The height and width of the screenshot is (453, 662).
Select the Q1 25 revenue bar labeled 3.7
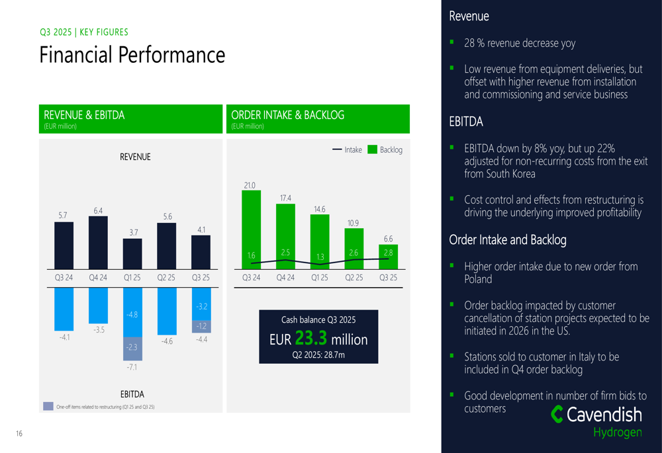[x=132, y=253]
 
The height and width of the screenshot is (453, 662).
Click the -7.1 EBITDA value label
[x=132, y=366]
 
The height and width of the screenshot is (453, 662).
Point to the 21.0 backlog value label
[x=250, y=186]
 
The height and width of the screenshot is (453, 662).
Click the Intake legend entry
[x=348, y=150]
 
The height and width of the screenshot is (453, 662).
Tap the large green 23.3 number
[x=311, y=339]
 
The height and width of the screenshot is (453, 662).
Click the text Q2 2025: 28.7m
[x=318, y=355]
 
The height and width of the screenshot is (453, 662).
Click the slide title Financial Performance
[x=132, y=54]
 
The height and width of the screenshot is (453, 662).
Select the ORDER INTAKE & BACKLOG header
[x=288, y=115]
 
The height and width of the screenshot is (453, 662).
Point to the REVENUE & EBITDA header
[x=84, y=115]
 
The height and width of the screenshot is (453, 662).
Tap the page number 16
[x=19, y=434]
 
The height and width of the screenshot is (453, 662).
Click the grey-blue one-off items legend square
[x=48, y=406]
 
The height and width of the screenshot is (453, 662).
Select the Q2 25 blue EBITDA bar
[x=167, y=311]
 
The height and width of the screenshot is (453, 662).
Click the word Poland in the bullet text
[x=478, y=279]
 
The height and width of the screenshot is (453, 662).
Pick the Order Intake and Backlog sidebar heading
[x=508, y=240]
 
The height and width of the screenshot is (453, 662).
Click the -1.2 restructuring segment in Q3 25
[x=201, y=326]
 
